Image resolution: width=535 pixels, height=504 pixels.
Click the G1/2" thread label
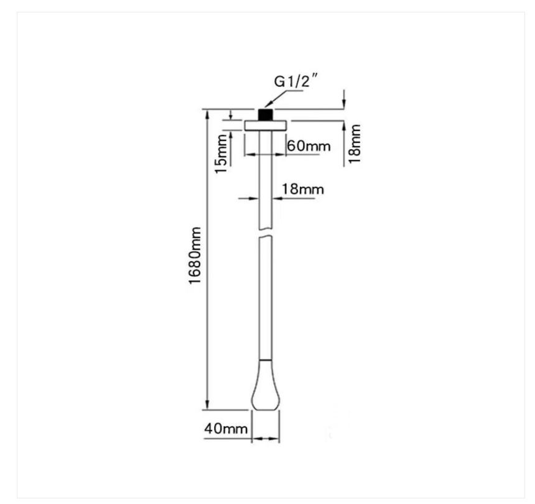click(296, 81)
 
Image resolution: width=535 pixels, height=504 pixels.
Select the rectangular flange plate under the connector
click(266, 126)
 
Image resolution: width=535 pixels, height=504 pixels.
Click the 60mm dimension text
click(309, 146)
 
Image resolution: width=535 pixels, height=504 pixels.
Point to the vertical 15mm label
click(221, 153)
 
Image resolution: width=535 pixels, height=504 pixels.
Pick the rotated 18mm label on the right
click(354, 144)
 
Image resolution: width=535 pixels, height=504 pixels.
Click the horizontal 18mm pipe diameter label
click(302, 189)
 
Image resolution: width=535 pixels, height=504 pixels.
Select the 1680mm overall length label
click(195, 255)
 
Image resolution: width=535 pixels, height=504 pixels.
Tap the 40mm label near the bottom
click(226, 428)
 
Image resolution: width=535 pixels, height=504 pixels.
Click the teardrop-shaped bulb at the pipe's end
click(266, 385)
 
